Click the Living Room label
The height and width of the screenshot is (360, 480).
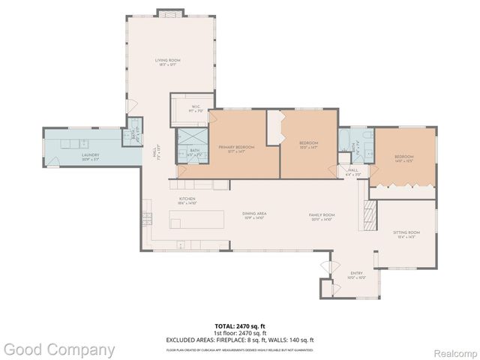pyautogui.click(x=167, y=62)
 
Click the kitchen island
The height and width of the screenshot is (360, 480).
pyautogui.click(x=197, y=219)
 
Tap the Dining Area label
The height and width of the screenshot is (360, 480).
pyautogui.click(x=255, y=216)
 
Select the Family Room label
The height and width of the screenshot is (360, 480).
pyautogui.click(x=322, y=217)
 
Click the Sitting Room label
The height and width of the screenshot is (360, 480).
pyautogui.click(x=406, y=235)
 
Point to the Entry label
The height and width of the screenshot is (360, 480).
pyautogui.click(x=356, y=274)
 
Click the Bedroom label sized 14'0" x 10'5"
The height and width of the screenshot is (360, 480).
pyautogui.click(x=403, y=158)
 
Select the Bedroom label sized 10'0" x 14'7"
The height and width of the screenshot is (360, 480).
pyautogui.click(x=309, y=145)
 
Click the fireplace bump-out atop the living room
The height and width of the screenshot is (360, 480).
pyautogui.click(x=165, y=12)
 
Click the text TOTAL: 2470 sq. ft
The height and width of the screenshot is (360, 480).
pyautogui.click(x=240, y=326)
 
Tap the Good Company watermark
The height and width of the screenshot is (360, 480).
pyautogui.click(x=58, y=349)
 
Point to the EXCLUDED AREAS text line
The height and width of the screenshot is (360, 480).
pyautogui.click(x=240, y=340)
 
